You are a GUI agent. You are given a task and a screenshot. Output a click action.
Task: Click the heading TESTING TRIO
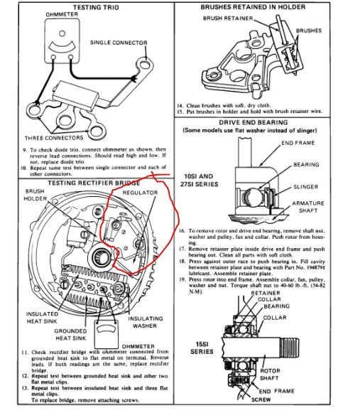pyautogui.click(x=86, y=6)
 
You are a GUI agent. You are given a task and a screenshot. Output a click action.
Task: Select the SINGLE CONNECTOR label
pyautogui.click(x=119, y=43)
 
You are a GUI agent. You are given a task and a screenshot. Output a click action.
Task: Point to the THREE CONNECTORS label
pyautogui.click(x=54, y=137)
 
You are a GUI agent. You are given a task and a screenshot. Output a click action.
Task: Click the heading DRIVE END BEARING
pyautogui.click(x=270, y=122)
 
